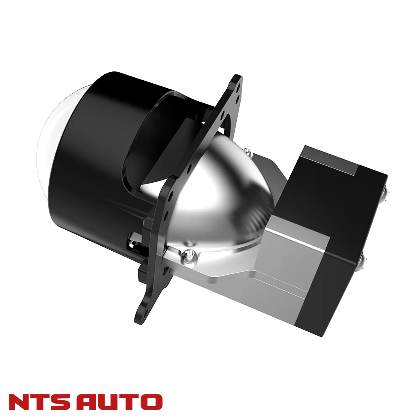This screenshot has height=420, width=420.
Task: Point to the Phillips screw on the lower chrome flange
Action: click(190, 255)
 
